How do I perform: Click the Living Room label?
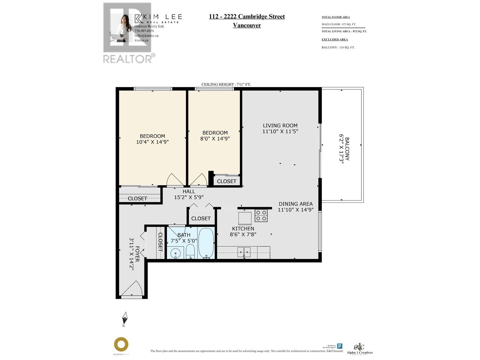coord(280,126)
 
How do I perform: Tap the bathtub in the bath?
coord(206,243)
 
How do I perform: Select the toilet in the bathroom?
coord(190,251)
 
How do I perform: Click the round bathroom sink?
coord(175,253)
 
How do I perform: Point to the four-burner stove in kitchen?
coord(261,216)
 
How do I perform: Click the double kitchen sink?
coord(244,252)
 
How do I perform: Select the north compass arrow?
coord(125,318)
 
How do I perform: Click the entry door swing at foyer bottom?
coord(132,289)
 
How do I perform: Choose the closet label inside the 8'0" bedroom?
coord(226,181)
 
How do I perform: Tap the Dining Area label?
coord(295,204)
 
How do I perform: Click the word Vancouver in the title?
coord(247,25)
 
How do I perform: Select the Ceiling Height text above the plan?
coord(226,85)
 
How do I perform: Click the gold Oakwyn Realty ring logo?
coord(121,344)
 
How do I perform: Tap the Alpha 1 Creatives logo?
coord(359,349)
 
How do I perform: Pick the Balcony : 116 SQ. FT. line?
coord(338,47)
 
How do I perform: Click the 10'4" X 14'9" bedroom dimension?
coord(152,142)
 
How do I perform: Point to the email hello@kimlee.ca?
coord(146,36)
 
